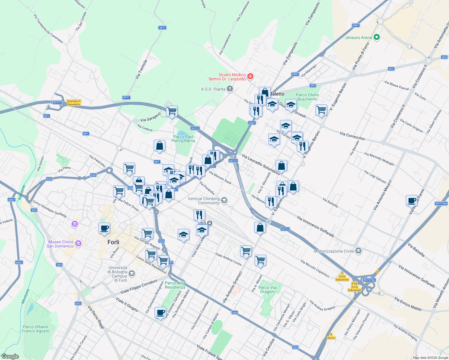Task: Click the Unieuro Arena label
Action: click(x=358, y=37)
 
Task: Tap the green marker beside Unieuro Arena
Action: click(x=377, y=37)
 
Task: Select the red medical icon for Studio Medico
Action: click(x=250, y=76)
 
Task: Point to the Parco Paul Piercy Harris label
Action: click(x=183, y=139)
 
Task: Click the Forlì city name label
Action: click(x=113, y=242)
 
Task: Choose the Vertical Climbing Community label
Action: click(x=204, y=201)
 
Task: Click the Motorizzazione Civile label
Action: click(x=334, y=251)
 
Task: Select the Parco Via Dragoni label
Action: click(x=267, y=289)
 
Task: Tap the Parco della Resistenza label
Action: click(x=175, y=285)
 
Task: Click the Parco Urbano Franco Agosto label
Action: click(x=35, y=329)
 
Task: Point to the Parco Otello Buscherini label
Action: click(x=307, y=97)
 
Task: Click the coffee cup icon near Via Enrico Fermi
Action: click(x=411, y=200)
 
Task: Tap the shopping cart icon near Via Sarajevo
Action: click(x=172, y=111)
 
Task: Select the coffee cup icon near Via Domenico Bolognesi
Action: click(x=160, y=312)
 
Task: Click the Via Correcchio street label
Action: click(x=352, y=136)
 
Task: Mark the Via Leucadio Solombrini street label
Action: click(x=261, y=164)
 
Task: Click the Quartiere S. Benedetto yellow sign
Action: click(x=74, y=103)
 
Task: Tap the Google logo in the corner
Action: click(x=10, y=356)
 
